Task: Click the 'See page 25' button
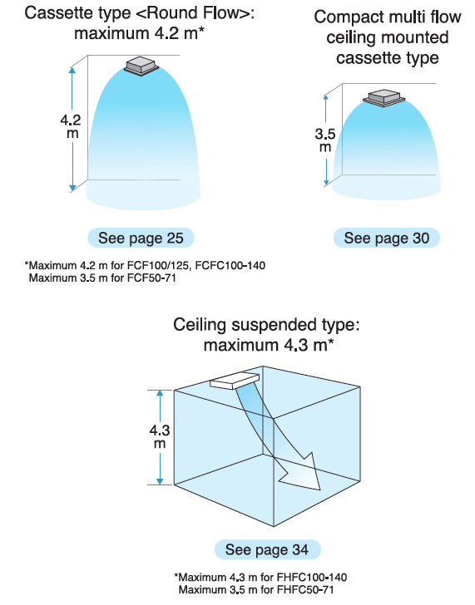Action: point(141,238)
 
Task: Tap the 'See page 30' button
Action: point(387,238)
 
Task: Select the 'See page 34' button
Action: point(268,549)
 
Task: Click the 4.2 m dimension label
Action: point(71,126)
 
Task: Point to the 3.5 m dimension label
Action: point(325,140)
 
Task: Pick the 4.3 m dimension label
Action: point(160,437)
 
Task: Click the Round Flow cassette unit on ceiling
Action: point(141,66)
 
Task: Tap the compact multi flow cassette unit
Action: point(383,98)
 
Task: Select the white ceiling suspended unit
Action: point(235,381)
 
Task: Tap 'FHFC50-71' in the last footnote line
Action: point(305,589)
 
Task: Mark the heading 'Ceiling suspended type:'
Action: point(266,325)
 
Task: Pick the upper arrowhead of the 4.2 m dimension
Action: point(72,70)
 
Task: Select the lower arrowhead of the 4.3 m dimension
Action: point(160,481)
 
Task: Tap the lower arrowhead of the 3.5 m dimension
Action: point(326,182)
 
